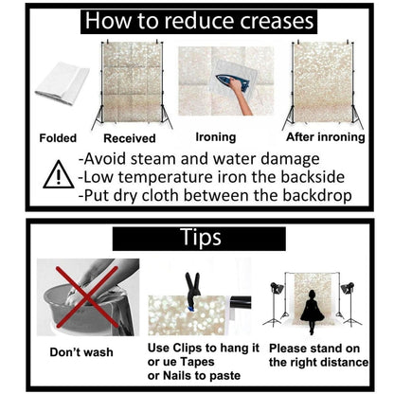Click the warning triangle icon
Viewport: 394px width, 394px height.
point(58,175)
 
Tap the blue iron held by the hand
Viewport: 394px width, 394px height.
point(233,82)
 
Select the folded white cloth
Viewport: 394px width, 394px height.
point(63,82)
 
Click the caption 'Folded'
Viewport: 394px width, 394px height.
point(58,138)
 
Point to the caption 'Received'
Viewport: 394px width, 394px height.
point(130,138)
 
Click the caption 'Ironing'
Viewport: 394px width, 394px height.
point(216,137)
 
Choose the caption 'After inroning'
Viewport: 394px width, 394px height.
point(326,137)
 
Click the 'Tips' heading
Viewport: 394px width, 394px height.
point(201,238)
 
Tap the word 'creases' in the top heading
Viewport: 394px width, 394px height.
point(277,21)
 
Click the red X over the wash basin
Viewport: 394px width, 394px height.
point(87,297)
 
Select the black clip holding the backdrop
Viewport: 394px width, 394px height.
point(192,289)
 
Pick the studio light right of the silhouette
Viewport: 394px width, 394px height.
point(349,304)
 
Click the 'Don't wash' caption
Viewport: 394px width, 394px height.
point(81,352)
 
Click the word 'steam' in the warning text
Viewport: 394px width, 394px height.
point(154,159)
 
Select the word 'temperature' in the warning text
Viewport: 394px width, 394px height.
point(167,177)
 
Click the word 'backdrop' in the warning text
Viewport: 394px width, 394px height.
point(317,196)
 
